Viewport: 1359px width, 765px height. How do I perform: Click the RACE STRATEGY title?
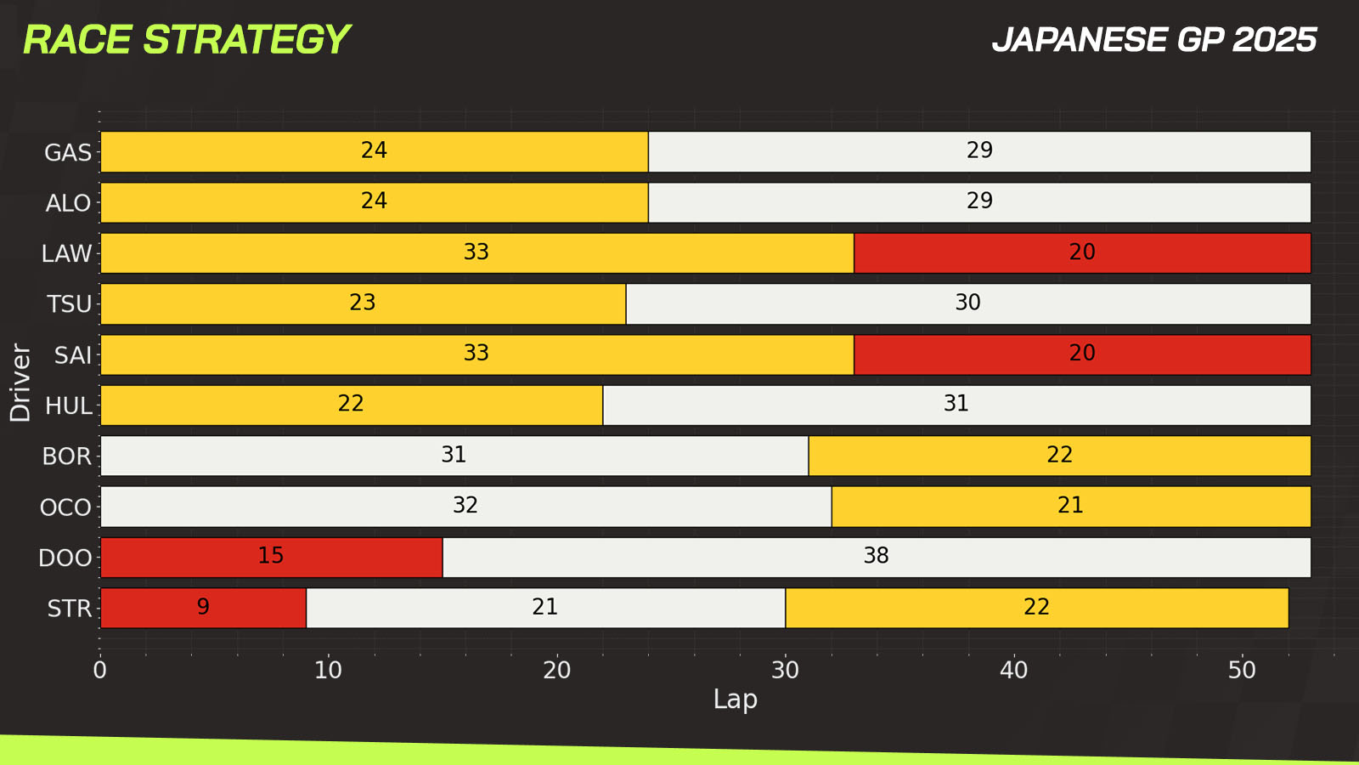pos(186,40)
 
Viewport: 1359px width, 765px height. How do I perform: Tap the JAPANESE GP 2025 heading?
pos(1153,40)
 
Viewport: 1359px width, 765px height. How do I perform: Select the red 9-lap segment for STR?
pos(203,608)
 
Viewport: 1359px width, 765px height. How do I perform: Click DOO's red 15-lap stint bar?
pos(271,557)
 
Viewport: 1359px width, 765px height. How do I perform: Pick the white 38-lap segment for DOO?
pos(876,557)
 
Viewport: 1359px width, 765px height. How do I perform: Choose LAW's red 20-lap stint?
pos(1081,253)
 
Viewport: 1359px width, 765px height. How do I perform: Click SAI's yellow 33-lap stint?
pos(476,354)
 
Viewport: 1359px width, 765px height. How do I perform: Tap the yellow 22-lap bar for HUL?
pos(351,405)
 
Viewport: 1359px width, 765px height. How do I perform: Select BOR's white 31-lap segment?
pos(454,456)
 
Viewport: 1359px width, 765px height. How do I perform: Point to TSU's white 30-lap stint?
pos(967,303)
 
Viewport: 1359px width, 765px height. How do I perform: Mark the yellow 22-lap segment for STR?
pos(1036,608)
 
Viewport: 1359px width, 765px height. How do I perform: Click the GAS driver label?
pos(68,153)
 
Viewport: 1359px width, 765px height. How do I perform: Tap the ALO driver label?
pos(68,203)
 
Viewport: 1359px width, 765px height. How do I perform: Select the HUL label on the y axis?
pos(68,405)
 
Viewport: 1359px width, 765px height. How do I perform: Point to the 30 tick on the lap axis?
pos(785,671)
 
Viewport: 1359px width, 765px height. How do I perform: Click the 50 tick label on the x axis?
pos(1241,671)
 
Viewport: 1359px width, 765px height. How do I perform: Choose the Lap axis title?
pos(735,700)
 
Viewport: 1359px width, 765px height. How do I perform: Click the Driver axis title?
pos(20,382)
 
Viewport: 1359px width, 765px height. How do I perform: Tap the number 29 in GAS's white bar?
pos(978,150)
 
